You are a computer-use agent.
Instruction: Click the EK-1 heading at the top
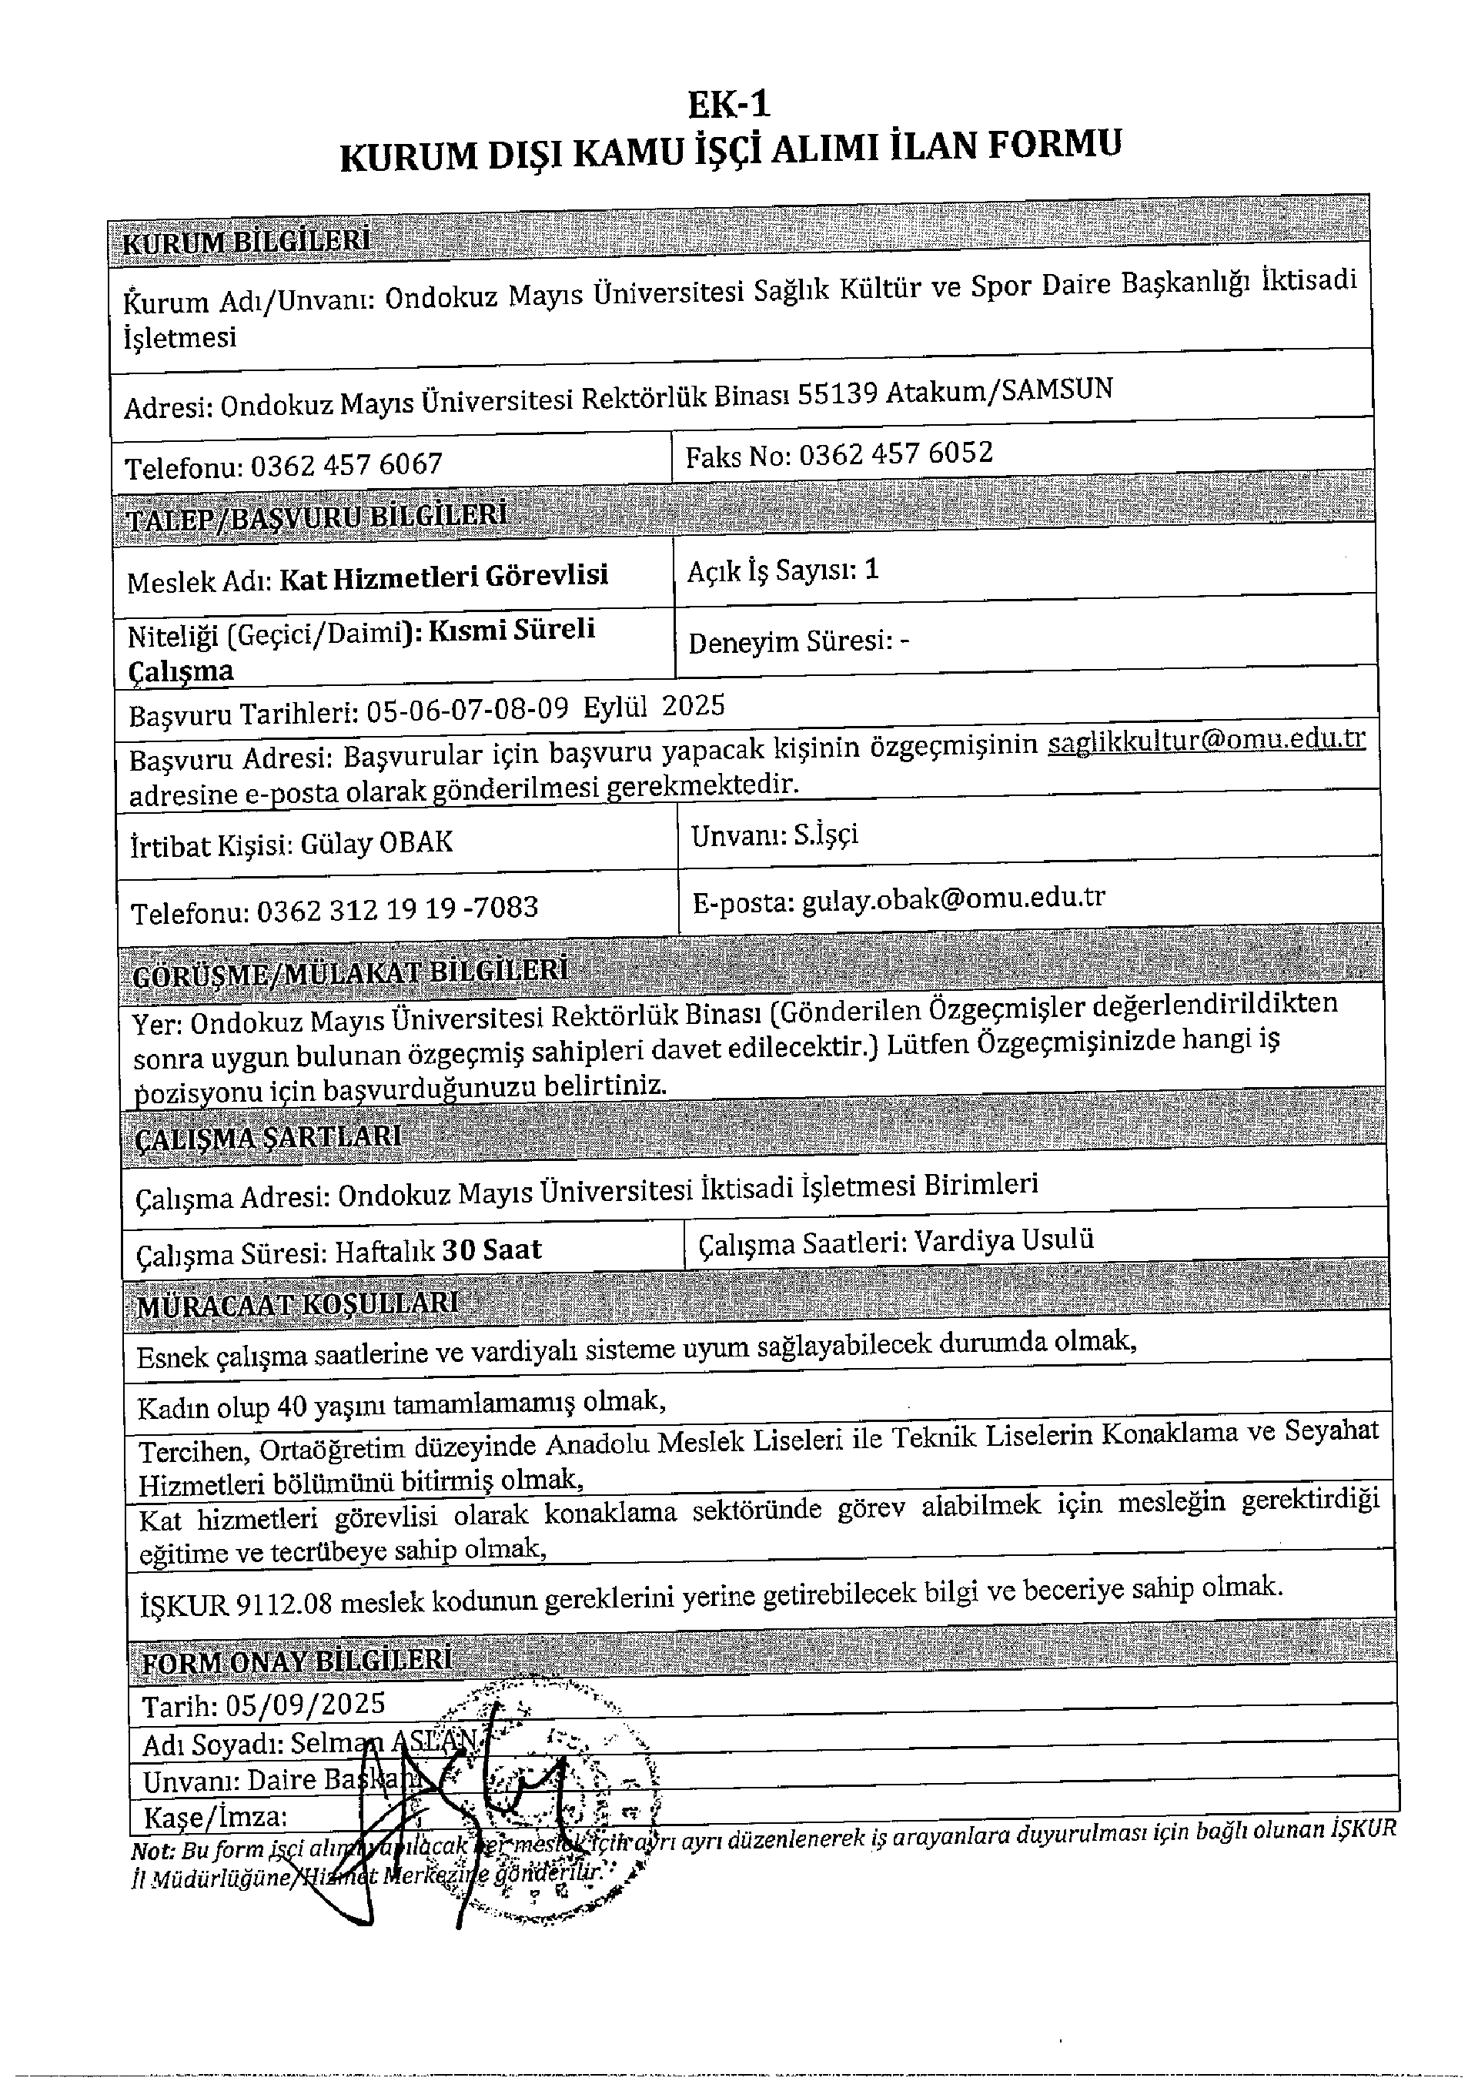coord(728,105)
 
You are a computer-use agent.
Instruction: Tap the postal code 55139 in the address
coord(837,393)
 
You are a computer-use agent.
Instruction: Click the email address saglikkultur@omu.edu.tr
coord(1206,740)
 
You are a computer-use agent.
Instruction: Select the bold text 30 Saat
coord(492,1250)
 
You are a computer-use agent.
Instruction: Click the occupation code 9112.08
coord(283,1602)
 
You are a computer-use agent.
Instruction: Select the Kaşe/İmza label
coord(216,1817)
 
